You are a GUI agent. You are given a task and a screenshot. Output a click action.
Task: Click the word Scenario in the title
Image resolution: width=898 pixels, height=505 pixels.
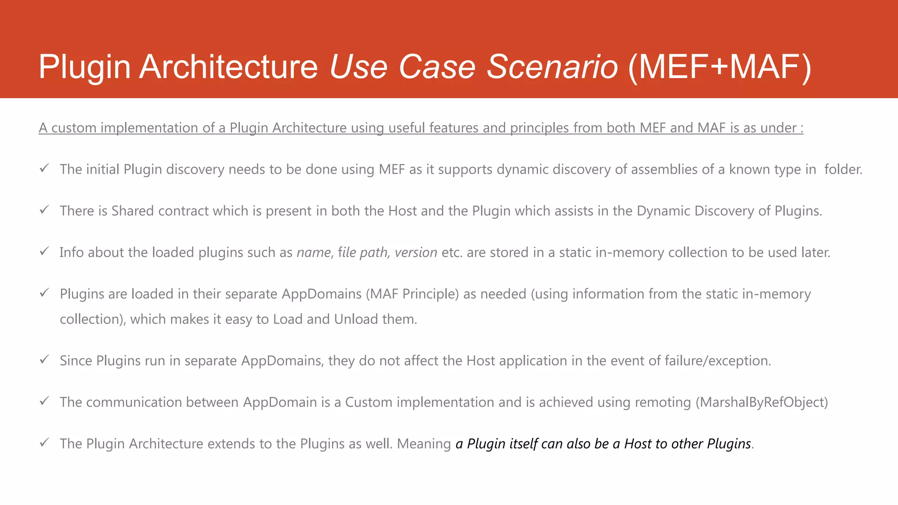pos(552,67)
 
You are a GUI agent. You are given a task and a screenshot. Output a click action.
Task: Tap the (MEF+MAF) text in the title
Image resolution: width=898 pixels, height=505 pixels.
pos(720,67)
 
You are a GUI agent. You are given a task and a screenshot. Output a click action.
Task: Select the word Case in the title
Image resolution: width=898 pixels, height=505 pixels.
pos(437,67)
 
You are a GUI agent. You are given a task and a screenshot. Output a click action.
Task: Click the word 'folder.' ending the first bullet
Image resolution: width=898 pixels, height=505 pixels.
pos(843,169)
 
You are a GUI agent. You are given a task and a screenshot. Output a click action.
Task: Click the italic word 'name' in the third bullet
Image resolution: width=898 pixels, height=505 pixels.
pos(314,252)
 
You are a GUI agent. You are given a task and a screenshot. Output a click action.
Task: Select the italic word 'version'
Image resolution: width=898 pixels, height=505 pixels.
pos(416,252)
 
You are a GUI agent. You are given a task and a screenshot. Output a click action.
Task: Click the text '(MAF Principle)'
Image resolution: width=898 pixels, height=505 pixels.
pos(412,294)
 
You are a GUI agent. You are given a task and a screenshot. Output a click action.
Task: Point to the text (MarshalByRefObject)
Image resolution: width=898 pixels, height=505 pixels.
pos(762,402)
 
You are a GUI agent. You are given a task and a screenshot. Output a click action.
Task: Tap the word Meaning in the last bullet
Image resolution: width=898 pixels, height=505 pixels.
pos(424,444)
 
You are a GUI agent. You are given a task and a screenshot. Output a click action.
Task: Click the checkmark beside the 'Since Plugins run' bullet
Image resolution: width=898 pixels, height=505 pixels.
pos(44,360)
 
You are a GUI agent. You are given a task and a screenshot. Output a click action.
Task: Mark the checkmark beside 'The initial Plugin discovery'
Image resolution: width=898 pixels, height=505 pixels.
pos(44,168)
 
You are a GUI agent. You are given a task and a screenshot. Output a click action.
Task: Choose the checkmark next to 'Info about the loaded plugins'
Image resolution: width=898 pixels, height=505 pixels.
pos(44,252)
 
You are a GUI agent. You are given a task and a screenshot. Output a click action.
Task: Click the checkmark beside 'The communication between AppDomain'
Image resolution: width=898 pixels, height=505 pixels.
pos(44,401)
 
